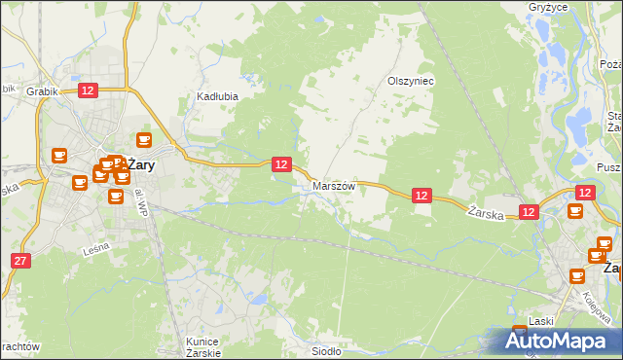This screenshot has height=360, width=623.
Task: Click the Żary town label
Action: (142, 165)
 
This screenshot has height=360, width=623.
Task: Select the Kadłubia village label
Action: (218, 97)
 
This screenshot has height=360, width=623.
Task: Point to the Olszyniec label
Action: (411, 82)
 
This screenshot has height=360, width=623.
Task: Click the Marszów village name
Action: (334, 185)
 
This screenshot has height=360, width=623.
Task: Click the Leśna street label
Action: (96, 249)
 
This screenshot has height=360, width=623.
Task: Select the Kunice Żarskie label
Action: (203, 346)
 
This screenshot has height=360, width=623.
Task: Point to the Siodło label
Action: (325, 351)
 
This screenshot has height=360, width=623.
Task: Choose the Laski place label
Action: (541, 321)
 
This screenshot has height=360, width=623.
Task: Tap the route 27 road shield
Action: (21, 261)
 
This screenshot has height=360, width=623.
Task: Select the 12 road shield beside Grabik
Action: (88, 90)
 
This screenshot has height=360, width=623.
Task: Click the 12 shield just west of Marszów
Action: (280, 165)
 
